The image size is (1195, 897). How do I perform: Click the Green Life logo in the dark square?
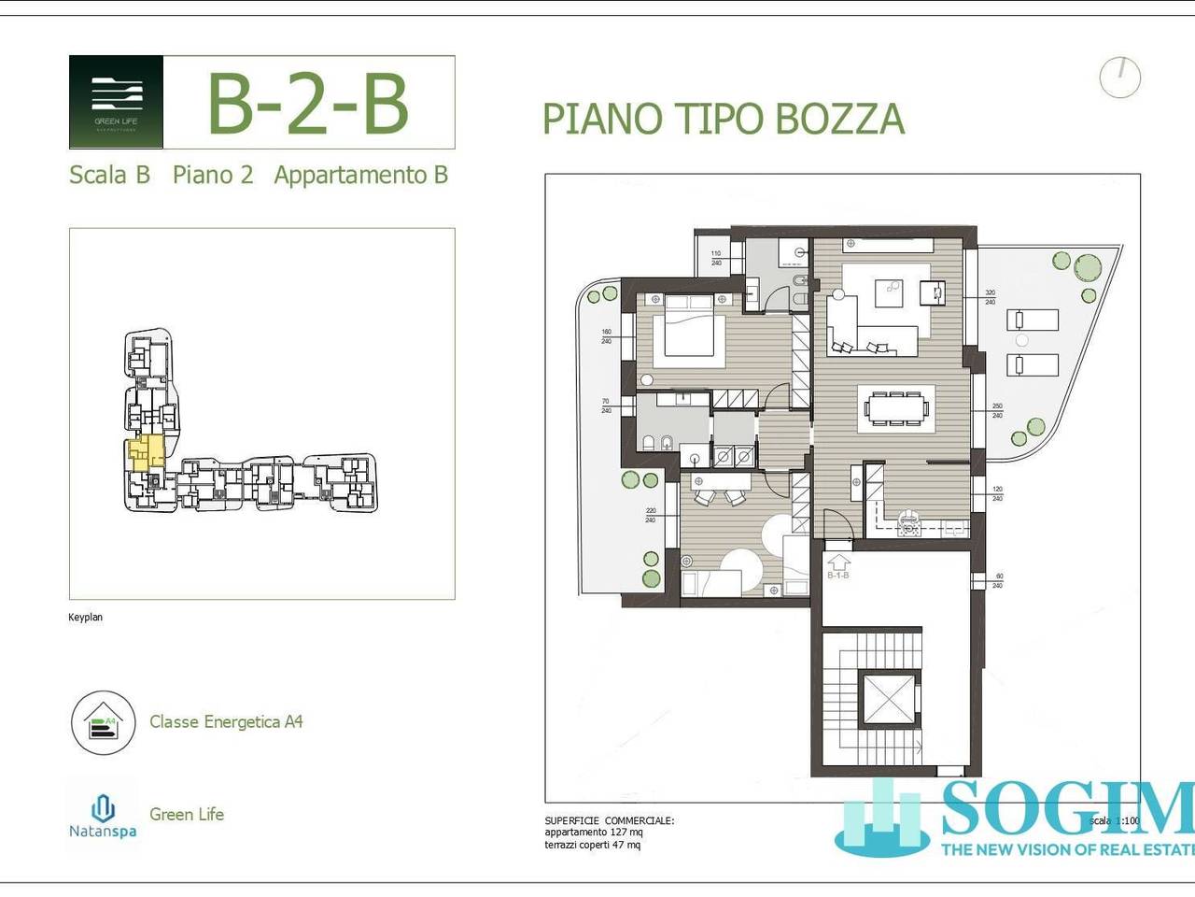(x=117, y=101)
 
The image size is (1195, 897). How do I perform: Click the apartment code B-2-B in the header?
(x=307, y=103)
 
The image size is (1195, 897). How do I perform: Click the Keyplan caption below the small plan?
(x=85, y=618)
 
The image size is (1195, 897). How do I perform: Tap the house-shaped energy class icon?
(x=103, y=722)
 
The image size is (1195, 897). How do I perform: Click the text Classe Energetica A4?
(x=226, y=721)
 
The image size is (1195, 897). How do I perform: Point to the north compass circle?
(x=1119, y=78)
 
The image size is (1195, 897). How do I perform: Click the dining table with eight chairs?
(x=896, y=408)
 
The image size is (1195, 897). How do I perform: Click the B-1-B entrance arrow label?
(x=837, y=567)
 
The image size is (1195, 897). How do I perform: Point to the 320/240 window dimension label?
(x=990, y=297)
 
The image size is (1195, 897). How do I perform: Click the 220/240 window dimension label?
(x=651, y=515)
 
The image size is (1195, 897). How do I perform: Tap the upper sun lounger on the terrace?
(x=1032, y=320)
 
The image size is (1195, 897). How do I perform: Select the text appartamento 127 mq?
(x=594, y=833)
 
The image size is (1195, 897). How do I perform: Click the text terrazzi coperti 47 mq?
(x=593, y=846)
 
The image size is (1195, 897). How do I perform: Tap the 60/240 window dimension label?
(x=997, y=581)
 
